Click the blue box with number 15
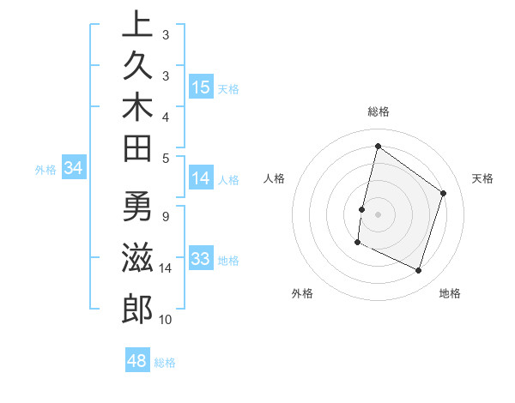[201, 87]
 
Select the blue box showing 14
[201, 178]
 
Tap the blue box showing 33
[201, 259]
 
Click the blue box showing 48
[136, 361]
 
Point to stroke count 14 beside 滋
[166, 268]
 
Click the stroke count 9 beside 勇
[166, 215]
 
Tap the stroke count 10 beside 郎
[166, 320]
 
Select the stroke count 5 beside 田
[166, 158]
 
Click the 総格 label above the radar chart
[378, 111]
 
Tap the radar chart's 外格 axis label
[302, 293]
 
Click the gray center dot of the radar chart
[378, 214]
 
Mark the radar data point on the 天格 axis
[444, 193]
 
